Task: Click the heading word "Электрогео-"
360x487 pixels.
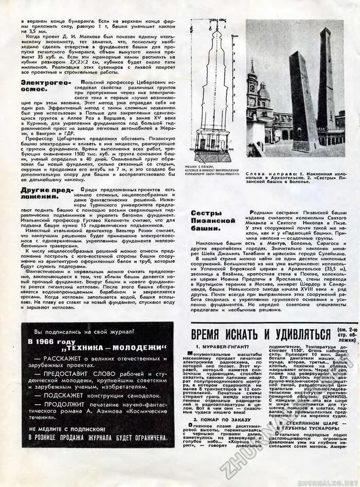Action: tap(44, 82)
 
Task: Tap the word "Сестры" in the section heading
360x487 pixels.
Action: tap(206, 213)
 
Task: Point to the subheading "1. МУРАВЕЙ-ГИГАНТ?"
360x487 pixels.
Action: tap(217, 348)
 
